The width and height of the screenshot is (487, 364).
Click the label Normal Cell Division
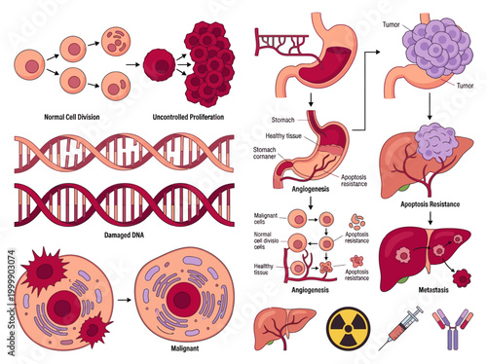point(54,118)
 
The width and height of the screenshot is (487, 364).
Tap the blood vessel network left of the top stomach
point(281,41)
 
